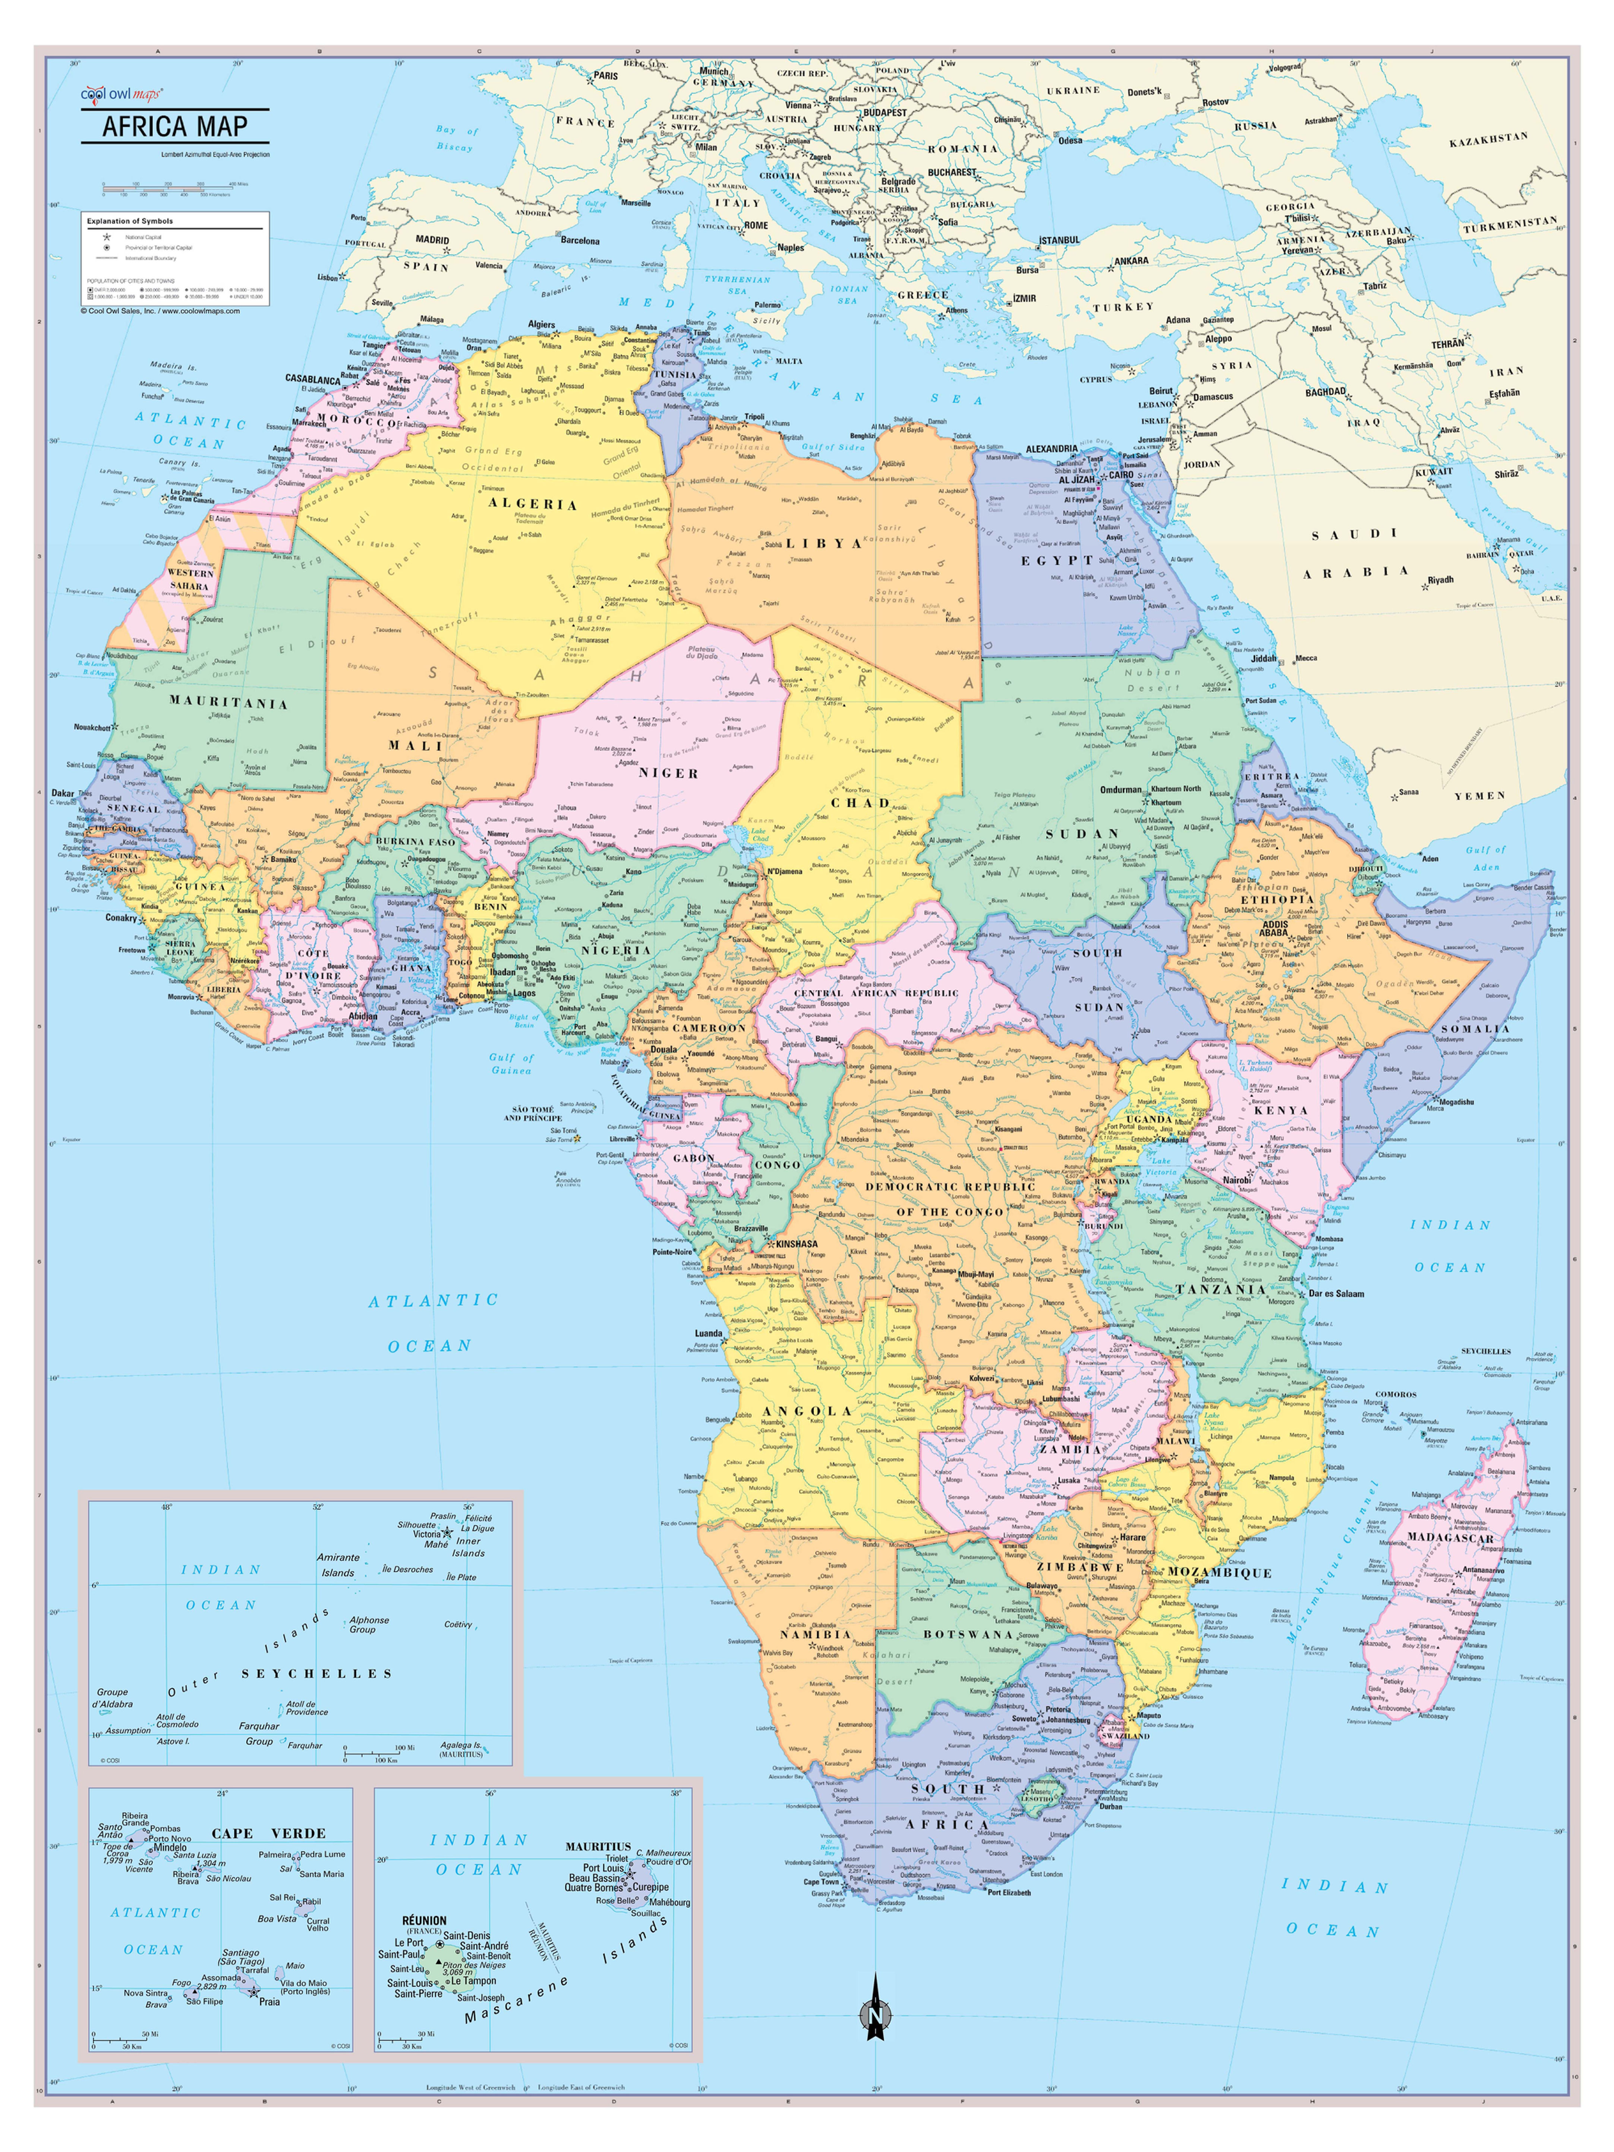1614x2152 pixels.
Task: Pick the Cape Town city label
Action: (820, 1881)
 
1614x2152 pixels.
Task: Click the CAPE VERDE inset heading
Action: (268, 1834)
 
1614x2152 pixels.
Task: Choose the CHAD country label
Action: (860, 803)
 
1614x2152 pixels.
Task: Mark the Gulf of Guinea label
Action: (512, 1063)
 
